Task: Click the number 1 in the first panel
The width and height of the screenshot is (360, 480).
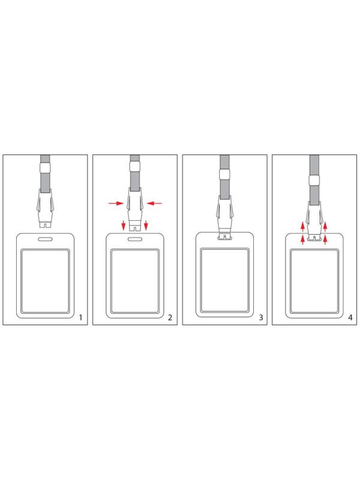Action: pos(80,317)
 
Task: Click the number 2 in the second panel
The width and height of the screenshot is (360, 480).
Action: pos(170,317)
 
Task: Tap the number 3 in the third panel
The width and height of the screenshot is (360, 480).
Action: pos(261,317)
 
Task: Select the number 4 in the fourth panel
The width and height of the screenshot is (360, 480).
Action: pos(350,317)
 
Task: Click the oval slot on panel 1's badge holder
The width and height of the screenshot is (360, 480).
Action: pos(45,239)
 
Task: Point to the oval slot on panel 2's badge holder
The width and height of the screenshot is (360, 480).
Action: pos(134,239)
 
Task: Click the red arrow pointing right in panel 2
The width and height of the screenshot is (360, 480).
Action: pos(116,203)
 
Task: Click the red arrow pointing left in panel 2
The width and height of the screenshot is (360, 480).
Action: pos(154,203)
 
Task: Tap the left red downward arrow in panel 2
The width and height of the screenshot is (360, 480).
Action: pos(124,225)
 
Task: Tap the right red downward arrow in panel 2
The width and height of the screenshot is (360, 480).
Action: pos(146,225)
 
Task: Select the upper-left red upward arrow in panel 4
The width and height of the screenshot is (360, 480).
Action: pos(302,227)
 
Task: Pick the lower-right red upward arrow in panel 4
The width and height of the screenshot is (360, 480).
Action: pos(325,239)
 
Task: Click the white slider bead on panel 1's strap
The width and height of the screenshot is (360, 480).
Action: pos(45,169)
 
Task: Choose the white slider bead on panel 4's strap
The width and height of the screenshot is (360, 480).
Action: pos(314,180)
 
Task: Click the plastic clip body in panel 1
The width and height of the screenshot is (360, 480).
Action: pos(45,208)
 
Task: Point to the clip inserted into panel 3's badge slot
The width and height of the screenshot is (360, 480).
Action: pos(224,217)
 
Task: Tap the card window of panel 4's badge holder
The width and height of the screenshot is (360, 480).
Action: pos(314,281)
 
